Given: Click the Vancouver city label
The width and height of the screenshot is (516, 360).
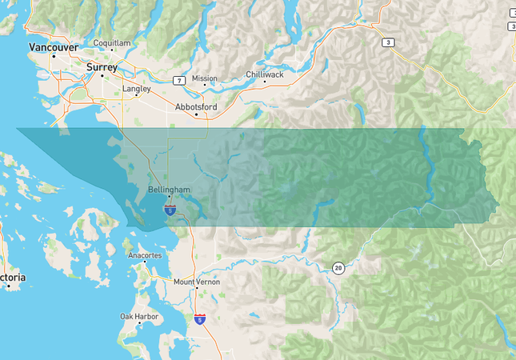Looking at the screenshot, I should pos(54,47).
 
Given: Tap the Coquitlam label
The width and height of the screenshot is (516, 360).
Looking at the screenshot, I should pos(111,42).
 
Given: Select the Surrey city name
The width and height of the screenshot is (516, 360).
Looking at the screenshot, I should pos(102,67).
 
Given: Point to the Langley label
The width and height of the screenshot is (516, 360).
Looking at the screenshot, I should pos(137,89).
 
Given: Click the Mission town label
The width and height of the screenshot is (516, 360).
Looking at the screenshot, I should pos(204,78).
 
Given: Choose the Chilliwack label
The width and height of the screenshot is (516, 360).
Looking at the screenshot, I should pos(264,74).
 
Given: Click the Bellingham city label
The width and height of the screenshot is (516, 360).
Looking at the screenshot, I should pos(170,190).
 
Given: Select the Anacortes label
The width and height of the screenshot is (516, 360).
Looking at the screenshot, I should pos(145,255).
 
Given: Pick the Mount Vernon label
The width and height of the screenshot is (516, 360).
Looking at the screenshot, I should pos(197,282).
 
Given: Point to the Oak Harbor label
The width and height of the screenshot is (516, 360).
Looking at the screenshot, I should pos(139,316).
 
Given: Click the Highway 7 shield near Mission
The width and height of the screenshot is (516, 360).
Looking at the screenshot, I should pos(180,80).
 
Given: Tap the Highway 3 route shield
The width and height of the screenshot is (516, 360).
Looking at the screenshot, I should pos(388,43).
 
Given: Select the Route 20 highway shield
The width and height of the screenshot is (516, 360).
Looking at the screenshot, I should pos(339,268).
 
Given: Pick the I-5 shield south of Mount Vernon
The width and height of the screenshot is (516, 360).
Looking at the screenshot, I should pos(199,318).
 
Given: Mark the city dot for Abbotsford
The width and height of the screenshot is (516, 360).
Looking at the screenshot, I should pos(197,114).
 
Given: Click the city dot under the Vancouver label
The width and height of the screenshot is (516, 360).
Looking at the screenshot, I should pos(54,56).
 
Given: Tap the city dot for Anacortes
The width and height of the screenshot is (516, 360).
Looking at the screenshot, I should pos(145,262).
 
